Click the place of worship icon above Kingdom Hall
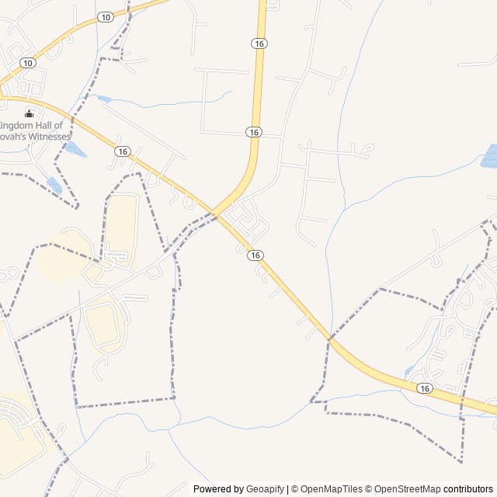[x=30, y=113]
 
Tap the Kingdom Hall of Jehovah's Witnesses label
[x=36, y=130]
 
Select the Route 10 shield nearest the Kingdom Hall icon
[x=28, y=62]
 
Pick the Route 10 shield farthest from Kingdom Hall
[x=106, y=16]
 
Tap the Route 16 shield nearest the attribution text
[x=424, y=388]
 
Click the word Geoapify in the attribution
[x=266, y=489]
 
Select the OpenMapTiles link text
[x=331, y=489]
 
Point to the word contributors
[x=468, y=489]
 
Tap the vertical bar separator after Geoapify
[x=287, y=489]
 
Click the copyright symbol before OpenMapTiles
[x=294, y=489]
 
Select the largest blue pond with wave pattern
[x=490, y=156]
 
